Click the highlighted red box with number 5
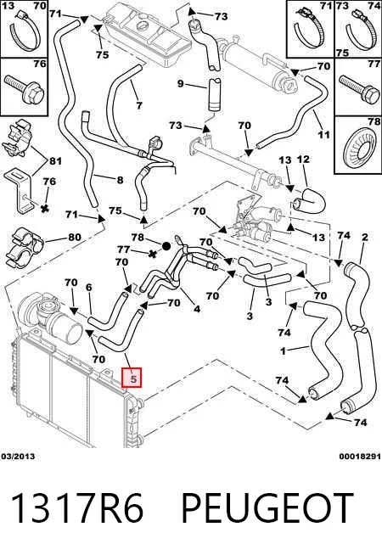click(x=132, y=378)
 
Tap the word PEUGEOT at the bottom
click(x=267, y=508)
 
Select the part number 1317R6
click(x=78, y=508)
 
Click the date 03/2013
click(x=18, y=457)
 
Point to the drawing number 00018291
click(x=360, y=457)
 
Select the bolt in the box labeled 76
click(x=24, y=88)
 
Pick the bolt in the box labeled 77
click(x=359, y=88)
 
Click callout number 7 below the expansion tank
click(x=139, y=104)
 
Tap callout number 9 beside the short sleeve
click(x=181, y=84)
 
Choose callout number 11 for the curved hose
click(x=323, y=134)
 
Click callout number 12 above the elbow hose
click(x=303, y=160)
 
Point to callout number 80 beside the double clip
click(x=75, y=237)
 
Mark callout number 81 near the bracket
click(x=55, y=161)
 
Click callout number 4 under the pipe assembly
click(x=197, y=309)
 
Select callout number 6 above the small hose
click(x=88, y=287)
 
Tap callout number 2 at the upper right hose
click(x=365, y=237)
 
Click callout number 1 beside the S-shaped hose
click(x=283, y=351)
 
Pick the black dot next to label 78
click(x=166, y=245)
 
